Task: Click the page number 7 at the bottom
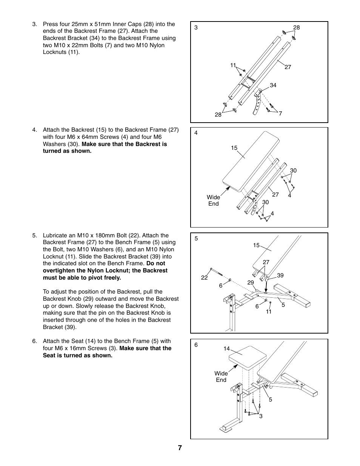click(180, 448)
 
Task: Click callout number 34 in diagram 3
click(273, 85)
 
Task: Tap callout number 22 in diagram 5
click(204, 278)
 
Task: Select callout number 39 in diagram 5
click(280, 275)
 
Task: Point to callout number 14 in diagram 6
click(226, 349)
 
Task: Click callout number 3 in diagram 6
click(260, 416)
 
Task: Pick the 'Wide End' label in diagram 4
click(213, 200)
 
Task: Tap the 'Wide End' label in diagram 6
click(221, 377)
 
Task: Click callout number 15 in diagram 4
click(234, 148)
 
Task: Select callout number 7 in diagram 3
click(280, 113)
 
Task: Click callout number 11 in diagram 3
click(233, 65)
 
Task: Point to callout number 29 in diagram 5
click(251, 282)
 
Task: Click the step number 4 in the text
click(34, 130)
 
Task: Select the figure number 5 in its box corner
click(196, 238)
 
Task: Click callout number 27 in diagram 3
click(288, 67)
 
